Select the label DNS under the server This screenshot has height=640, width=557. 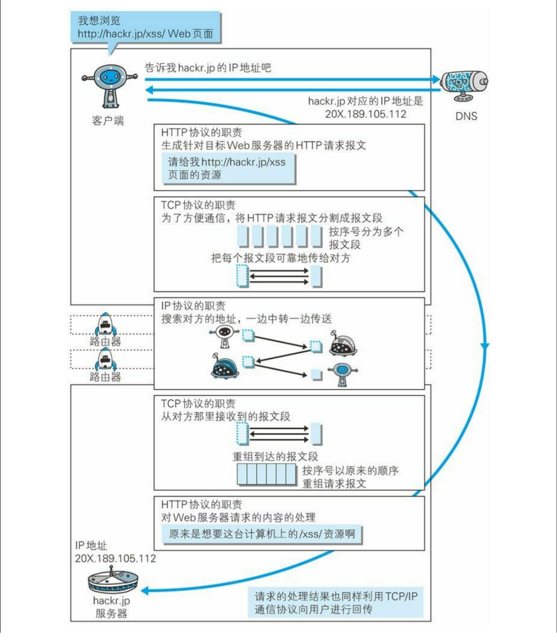465,116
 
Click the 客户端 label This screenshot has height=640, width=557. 108,121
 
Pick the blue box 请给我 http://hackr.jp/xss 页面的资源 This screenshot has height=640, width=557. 227,168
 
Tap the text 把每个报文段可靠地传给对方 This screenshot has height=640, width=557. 281,258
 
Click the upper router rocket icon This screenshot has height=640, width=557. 105,324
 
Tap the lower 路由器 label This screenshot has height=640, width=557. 105,376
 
